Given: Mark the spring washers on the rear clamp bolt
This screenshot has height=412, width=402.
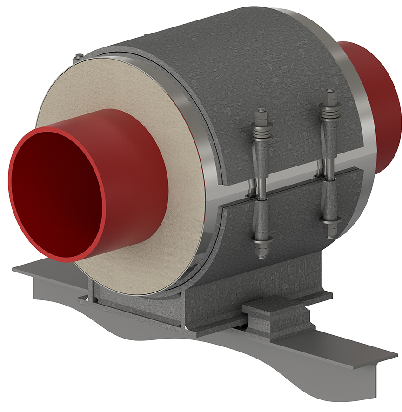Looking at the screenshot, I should [331, 112].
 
